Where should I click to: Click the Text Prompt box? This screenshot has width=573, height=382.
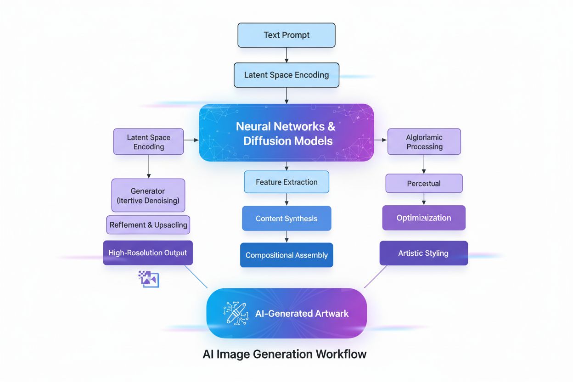pos(286,35)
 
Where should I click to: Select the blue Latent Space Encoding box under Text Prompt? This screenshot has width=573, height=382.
pos(286,75)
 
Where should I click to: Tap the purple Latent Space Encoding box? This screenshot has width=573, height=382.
pos(148,141)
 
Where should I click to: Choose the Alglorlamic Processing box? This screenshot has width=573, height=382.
pos(424,141)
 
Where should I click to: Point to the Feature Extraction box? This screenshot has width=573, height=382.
pos(286,182)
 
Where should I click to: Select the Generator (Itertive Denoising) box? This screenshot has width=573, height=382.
pos(148,195)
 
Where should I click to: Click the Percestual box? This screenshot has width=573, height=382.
pos(424,184)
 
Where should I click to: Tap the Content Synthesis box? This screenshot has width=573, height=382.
pos(286,219)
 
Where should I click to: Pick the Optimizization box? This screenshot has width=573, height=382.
pos(424,218)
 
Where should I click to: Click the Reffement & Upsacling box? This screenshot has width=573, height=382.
pos(148,225)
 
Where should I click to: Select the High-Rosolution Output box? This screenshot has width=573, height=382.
pos(148,253)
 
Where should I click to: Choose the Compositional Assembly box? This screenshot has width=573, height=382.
pos(286,255)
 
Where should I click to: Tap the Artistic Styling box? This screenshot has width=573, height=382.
pos(424,253)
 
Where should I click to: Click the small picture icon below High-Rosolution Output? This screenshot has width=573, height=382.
pos(149,279)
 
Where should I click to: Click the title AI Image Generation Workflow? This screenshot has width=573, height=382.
pos(285,354)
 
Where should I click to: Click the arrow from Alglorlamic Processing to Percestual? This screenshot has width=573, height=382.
pos(424,164)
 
